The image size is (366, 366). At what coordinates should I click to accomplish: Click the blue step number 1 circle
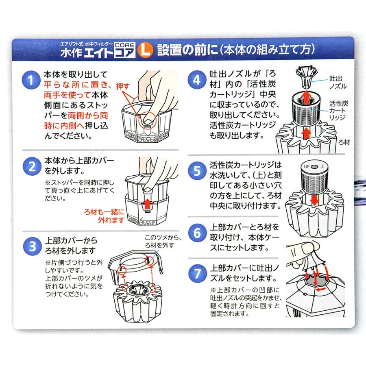click(x=31, y=80)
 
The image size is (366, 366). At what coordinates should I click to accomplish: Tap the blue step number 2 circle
click(x=32, y=167)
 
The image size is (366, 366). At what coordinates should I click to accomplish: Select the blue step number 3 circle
click(x=33, y=246)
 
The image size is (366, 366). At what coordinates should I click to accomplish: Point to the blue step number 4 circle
click(x=197, y=80)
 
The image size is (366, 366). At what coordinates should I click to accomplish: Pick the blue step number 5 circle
click(x=197, y=171)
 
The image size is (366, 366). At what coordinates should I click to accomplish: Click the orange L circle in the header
click(x=145, y=50)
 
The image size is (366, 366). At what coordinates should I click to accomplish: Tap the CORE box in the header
click(x=125, y=45)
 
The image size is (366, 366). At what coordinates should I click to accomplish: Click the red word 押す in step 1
click(x=123, y=86)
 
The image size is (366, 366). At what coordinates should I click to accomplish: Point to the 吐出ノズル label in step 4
click(x=338, y=83)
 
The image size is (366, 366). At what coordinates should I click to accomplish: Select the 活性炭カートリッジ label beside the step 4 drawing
click(x=338, y=110)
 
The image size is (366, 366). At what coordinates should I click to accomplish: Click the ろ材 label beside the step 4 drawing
click(x=344, y=142)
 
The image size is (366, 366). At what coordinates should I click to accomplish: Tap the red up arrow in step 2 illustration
click(x=147, y=204)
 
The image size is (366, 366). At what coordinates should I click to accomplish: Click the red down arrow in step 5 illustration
click(x=315, y=200)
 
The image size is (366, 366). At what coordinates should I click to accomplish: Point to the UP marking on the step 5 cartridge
click(x=307, y=166)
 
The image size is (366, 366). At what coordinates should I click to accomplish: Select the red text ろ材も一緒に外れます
click(x=104, y=216)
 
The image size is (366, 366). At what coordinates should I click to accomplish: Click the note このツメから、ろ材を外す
click(x=163, y=242)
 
